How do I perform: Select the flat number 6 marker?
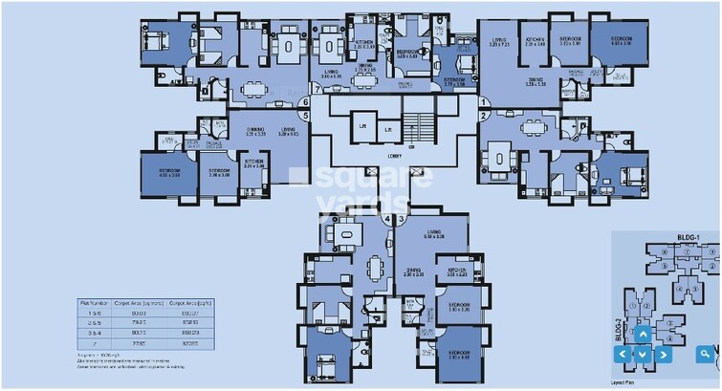[304, 101]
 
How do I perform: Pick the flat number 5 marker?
[304, 116]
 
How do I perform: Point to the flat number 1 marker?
[484, 101]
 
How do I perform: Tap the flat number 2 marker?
[484, 116]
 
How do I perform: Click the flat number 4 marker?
[387, 218]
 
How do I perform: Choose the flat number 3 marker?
[402, 218]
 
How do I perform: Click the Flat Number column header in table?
[93, 303]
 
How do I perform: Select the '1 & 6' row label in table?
[93, 313]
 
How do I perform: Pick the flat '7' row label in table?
[93, 340]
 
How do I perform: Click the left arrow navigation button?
[623, 354]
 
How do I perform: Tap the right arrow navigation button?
[664, 354]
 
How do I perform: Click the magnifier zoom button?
[706, 354]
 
